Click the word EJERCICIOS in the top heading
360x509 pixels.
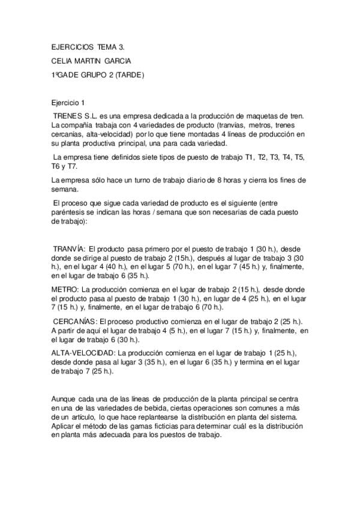click(x=71, y=46)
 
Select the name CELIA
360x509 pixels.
click(x=62, y=61)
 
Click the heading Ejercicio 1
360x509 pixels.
click(x=69, y=103)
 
